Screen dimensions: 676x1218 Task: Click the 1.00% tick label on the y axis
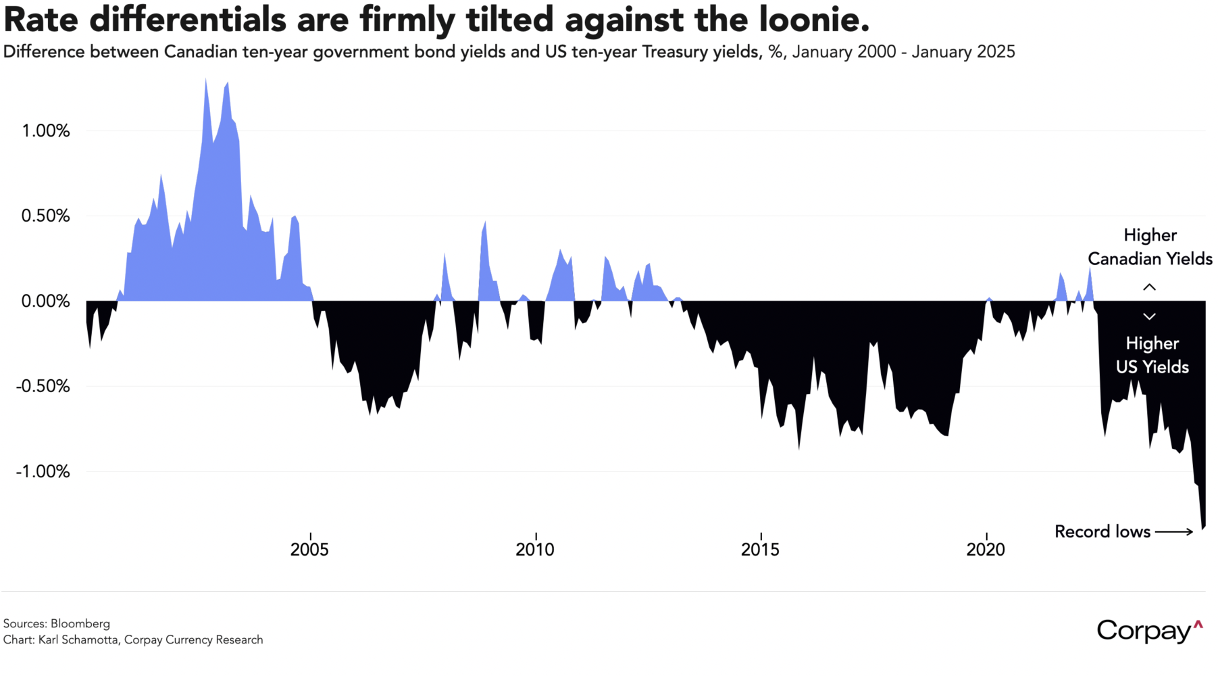pyautogui.click(x=45, y=131)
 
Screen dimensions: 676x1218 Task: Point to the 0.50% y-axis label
pyautogui.click(x=45, y=216)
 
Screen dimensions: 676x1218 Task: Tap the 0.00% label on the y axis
pyautogui.click(x=45, y=301)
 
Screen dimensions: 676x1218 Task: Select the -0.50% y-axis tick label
pyautogui.click(x=43, y=387)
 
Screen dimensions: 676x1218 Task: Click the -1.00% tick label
pyautogui.click(x=43, y=472)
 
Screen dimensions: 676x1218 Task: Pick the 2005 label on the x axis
pyautogui.click(x=309, y=550)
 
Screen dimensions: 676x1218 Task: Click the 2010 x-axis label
pyautogui.click(x=535, y=550)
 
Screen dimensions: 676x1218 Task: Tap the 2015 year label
pyautogui.click(x=760, y=550)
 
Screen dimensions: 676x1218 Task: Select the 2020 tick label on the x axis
pyautogui.click(x=986, y=550)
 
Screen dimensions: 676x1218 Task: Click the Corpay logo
pyautogui.click(x=1149, y=631)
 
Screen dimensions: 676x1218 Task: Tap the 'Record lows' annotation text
pyautogui.click(x=1102, y=532)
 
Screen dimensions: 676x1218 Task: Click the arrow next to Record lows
pyautogui.click(x=1174, y=532)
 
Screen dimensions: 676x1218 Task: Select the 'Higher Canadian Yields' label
pyautogui.click(x=1150, y=247)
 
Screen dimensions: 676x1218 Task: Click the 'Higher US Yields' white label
pyautogui.click(x=1152, y=355)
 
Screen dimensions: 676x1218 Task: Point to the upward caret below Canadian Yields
pyautogui.click(x=1149, y=287)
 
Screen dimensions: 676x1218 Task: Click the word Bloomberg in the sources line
pyautogui.click(x=80, y=624)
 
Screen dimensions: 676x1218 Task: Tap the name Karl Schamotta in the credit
pyautogui.click(x=78, y=640)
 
